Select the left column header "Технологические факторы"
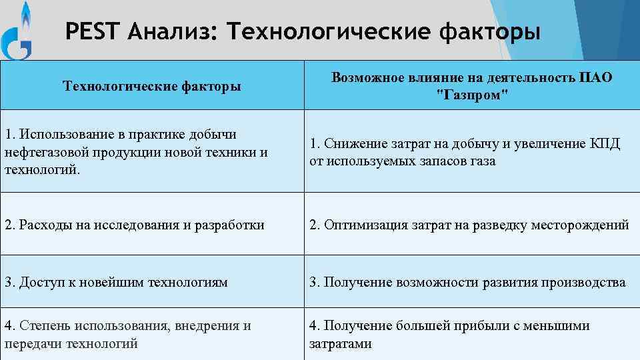tap(151, 86)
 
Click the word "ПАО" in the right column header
tap(596, 78)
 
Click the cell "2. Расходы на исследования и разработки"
tap(134, 225)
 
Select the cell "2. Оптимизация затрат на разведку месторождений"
tap(469, 225)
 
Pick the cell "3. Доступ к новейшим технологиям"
tap(116, 282)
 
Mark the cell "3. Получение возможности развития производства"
tap(467, 282)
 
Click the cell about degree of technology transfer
tap(127, 335)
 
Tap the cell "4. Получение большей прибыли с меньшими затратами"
tap(449, 335)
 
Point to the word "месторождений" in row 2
tap(579, 225)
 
